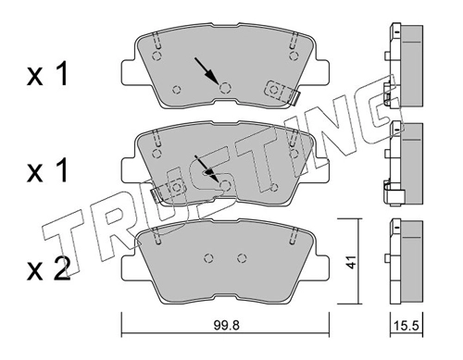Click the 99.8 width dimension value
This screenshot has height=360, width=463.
click(226, 325)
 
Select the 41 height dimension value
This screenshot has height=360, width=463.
click(350, 262)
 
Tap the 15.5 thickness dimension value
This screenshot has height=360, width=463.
click(407, 325)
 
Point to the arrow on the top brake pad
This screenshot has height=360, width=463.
click(206, 70)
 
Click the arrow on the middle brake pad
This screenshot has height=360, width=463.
click(206, 168)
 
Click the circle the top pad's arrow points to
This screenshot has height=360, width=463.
click(225, 88)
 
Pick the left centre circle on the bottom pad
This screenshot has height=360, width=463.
click(209, 258)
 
